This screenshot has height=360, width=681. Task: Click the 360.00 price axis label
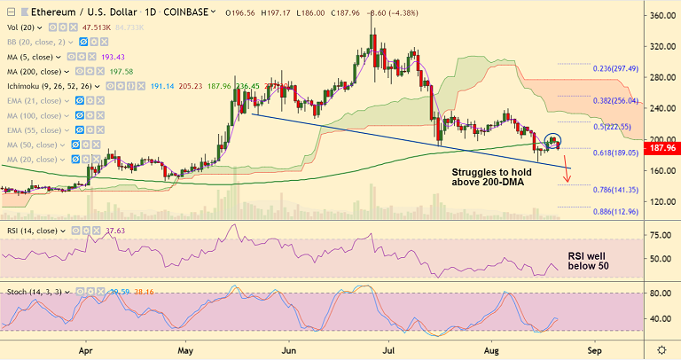coord(661,16)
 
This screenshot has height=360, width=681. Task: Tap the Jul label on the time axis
coord(387,349)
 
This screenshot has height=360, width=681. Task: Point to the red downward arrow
coord(565,173)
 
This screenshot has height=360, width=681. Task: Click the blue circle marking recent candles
coord(552,140)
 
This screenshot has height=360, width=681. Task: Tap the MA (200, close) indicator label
coord(35,71)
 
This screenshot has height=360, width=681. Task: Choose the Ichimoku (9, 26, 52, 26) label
coord(52,86)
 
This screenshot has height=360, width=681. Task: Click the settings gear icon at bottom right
coord(661,349)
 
